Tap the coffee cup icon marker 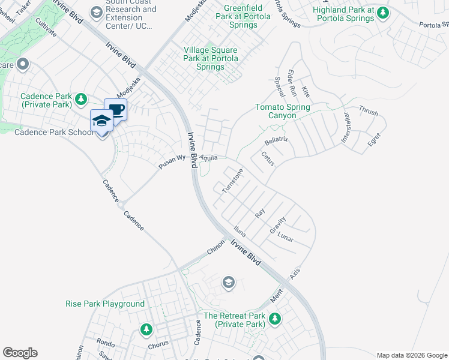pyautogui.click(x=116, y=110)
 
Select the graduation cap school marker pyautogui.click(x=102, y=121)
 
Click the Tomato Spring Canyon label pyautogui.click(x=283, y=111)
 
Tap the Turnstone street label pyautogui.click(x=233, y=181)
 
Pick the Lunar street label pyautogui.click(x=286, y=238)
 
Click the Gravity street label pyautogui.click(x=277, y=225)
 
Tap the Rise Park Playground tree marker pyautogui.click(x=146, y=329)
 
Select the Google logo pyautogui.click(x=20, y=353)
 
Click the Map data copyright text pyautogui.click(x=411, y=355)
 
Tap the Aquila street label pyautogui.click(x=208, y=157)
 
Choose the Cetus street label pyautogui.click(x=268, y=159)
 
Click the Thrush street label pyautogui.click(x=368, y=112)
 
